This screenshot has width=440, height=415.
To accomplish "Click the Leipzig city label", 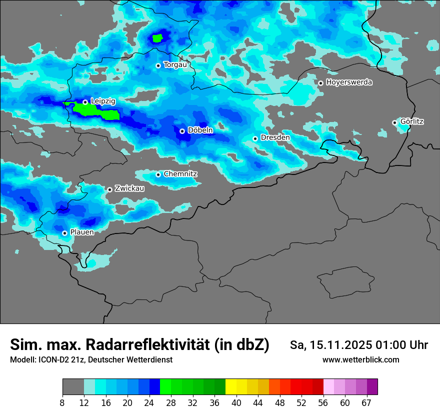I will pos(103,101).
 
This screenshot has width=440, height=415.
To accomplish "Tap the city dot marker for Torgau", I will pos(158,65).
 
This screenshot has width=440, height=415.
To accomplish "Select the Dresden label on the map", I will pos(275,137).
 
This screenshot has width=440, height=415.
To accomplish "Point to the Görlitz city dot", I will pos(394,122).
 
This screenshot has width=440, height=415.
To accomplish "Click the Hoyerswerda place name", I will pos(349,82).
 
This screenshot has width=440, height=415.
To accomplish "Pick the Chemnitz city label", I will pos(180,174).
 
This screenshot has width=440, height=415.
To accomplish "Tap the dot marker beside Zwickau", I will pos(109,189).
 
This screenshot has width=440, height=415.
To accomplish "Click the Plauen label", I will pos(82,232).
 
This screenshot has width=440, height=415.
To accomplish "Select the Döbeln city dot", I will pos(182,131).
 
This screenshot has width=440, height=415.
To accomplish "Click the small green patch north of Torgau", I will pos(157,37).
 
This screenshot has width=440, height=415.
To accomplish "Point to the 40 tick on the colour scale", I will pos(236,403).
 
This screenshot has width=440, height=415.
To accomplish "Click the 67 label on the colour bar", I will pos(366,403).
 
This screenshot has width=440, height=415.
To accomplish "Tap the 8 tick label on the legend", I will pos(62,403).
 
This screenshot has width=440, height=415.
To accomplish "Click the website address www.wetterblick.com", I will pos(360,359).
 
